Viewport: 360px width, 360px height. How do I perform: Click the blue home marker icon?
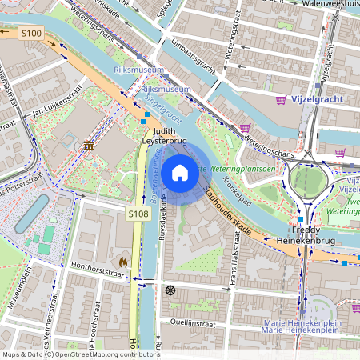tap(180, 172)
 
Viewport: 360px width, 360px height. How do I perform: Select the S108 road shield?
tap(138, 214)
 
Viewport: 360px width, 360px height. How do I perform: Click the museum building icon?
tap(88, 146)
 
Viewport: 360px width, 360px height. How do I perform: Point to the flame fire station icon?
tap(122, 262)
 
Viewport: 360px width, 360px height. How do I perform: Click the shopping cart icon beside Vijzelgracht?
tap(281, 100)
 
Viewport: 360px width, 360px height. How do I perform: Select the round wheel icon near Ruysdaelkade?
tap(170, 290)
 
